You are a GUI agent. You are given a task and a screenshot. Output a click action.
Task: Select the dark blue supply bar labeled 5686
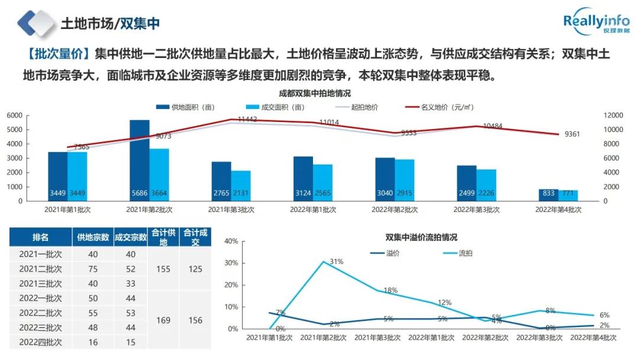(140, 160)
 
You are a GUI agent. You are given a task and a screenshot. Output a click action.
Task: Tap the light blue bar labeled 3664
(159, 174)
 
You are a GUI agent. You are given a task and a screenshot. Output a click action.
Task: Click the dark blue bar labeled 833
(548, 195)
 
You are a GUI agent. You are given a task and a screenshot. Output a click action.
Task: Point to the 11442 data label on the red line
(247, 120)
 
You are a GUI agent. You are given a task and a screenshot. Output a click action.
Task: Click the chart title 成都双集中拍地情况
(315, 94)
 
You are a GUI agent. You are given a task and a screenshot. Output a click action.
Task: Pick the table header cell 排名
(41, 237)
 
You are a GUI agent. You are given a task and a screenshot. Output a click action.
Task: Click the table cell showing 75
(93, 269)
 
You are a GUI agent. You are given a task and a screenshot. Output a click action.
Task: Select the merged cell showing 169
(163, 320)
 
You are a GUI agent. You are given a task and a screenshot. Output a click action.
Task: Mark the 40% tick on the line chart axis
(231, 242)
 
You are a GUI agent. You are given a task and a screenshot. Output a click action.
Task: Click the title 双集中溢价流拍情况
(421, 237)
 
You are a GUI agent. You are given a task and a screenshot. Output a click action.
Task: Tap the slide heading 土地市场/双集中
(110, 24)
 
